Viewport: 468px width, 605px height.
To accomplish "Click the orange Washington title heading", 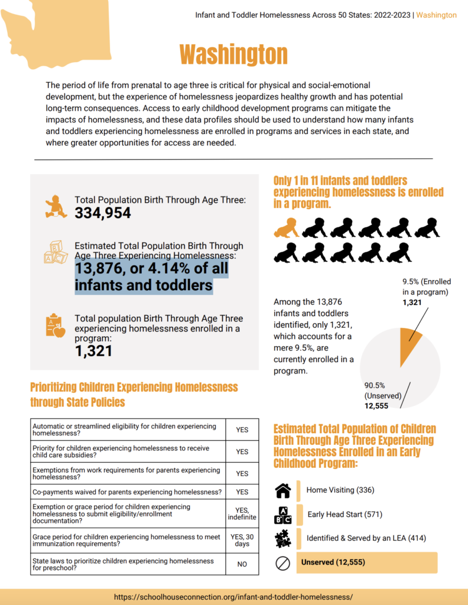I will click(x=233, y=55).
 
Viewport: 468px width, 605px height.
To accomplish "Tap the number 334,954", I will click(x=103, y=214).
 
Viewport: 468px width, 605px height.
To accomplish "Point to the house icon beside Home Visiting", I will click(x=283, y=490).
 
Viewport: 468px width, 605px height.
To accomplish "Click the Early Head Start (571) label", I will click(x=344, y=514).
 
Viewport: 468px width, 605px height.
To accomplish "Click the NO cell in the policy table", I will click(x=242, y=564).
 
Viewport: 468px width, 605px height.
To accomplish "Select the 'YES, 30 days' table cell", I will click(x=242, y=539).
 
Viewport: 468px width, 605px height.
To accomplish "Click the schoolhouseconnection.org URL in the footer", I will click(x=234, y=597).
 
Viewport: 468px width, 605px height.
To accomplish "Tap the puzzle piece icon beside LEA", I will click(x=283, y=539).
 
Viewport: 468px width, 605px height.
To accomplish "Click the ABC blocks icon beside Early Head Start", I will click(x=283, y=515).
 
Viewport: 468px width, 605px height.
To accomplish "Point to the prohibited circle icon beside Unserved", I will click(x=283, y=563).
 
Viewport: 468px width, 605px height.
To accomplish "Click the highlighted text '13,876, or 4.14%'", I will click(x=151, y=269).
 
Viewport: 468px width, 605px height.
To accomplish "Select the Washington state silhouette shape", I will click(x=56, y=32).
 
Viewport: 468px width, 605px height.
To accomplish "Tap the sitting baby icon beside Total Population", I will click(x=56, y=206).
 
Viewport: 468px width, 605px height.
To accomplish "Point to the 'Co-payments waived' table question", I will click(x=127, y=492).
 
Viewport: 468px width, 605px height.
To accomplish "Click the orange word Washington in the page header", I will click(x=436, y=15).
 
